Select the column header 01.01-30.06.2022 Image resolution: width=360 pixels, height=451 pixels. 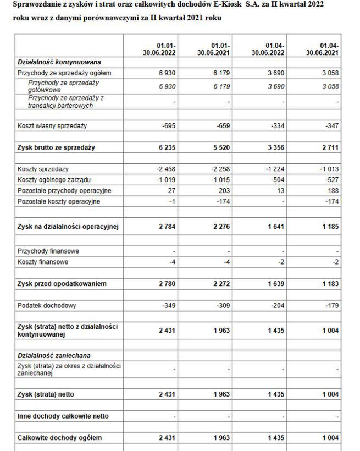159,49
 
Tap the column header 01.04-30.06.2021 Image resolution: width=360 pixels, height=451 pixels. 322,49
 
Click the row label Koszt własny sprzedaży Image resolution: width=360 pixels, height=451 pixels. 52,126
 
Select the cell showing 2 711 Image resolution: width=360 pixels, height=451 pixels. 328,147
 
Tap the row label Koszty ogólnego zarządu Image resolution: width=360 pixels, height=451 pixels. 54,180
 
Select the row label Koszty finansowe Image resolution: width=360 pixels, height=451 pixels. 43,262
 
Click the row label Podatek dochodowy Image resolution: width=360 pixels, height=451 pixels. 47,305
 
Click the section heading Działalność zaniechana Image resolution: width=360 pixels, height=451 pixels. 54,356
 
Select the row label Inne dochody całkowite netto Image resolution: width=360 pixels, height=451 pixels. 63,416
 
